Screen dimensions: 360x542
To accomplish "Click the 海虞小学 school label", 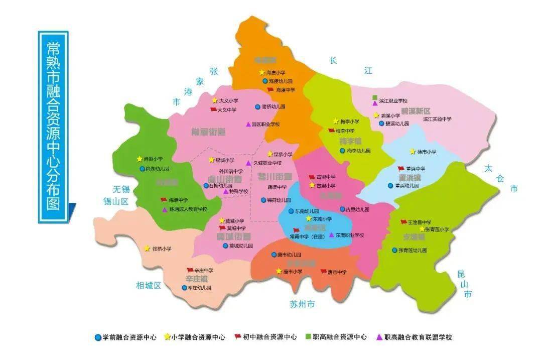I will [276, 72].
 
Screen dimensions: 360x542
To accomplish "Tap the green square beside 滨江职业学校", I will [375, 97].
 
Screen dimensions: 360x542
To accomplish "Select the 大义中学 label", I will [227, 110].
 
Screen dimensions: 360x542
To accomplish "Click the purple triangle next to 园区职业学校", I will [248, 124].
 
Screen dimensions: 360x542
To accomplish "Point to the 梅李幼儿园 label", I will [358, 151].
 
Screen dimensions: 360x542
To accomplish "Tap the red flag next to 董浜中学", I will [400, 169].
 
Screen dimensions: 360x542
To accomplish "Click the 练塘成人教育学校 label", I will [188, 209].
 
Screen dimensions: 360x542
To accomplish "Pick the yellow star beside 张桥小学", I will [147, 249].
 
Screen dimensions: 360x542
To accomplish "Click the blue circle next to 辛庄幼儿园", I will [184, 288].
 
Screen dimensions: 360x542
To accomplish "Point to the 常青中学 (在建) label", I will [312, 236].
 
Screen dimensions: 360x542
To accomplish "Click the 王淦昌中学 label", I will [419, 222].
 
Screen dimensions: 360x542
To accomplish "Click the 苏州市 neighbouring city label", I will [303, 304].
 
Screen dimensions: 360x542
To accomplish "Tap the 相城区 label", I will [149, 285].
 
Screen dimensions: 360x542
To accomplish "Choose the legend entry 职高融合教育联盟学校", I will [418, 337].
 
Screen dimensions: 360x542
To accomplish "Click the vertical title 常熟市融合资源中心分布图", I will [53, 126].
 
